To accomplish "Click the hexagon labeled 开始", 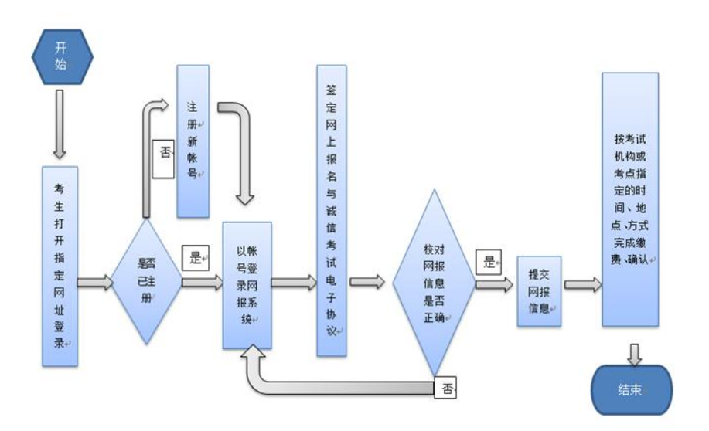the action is click(63, 57).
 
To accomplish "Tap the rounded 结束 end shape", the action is click(632, 389).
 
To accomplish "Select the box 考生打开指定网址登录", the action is click(60, 266).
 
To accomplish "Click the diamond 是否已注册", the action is click(146, 281).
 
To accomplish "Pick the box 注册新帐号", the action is click(193, 141).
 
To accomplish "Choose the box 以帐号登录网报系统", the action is click(247, 285).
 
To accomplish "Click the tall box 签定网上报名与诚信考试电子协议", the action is click(332, 211).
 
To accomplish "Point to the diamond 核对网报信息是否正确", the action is click(434, 283).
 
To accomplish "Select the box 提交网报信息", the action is click(539, 291).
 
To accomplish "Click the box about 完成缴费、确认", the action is click(630, 199).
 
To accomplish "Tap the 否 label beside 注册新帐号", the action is click(163, 158).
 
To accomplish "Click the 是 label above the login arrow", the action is click(196, 257).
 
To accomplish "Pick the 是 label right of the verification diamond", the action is click(489, 262).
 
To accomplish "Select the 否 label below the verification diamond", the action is click(445, 388).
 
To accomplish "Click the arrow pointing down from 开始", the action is click(60, 124).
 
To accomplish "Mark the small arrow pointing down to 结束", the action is click(635, 355).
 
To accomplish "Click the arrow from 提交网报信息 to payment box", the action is click(583, 284).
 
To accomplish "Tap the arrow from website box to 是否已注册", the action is click(95, 283).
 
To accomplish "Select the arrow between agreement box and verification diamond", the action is click(367, 282).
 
